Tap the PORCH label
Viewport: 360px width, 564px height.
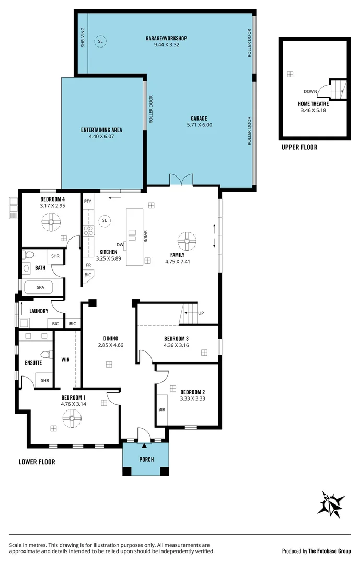click(x=146, y=460)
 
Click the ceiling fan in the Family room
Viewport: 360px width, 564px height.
click(x=187, y=241)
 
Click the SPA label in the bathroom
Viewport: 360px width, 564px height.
click(x=41, y=287)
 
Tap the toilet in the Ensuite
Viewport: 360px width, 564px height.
click(x=46, y=355)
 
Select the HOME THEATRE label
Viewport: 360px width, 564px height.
click(x=313, y=104)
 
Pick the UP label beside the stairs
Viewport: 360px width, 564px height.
click(x=201, y=313)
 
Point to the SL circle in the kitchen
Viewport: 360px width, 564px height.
click(x=104, y=220)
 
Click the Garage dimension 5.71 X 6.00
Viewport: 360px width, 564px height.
click(x=199, y=125)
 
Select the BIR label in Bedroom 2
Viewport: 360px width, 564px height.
click(x=161, y=410)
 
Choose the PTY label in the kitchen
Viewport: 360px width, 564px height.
click(x=88, y=201)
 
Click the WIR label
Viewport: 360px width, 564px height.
click(x=66, y=360)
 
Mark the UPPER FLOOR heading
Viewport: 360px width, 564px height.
click(x=299, y=147)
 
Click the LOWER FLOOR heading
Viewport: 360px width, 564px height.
click(x=37, y=462)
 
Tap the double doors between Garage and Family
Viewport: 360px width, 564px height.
click(x=181, y=180)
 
